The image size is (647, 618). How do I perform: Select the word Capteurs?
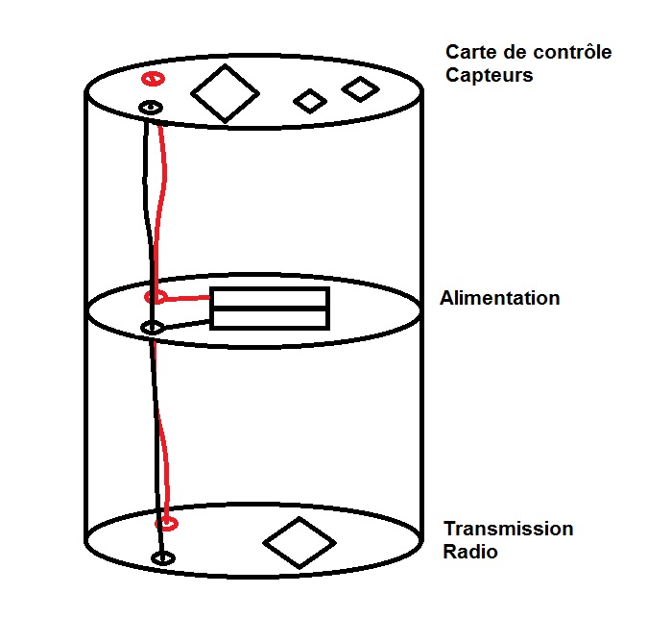(x=489, y=74)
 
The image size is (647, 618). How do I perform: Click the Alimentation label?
(x=499, y=298)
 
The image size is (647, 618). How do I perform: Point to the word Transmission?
(x=508, y=530)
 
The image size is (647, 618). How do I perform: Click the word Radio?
(x=470, y=553)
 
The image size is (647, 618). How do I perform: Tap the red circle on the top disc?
(x=152, y=79)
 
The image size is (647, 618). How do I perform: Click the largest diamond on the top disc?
(x=225, y=93)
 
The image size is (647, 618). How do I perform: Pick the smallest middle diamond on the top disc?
(x=309, y=100)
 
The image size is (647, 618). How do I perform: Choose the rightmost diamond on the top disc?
(x=361, y=89)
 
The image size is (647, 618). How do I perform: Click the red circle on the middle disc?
(x=155, y=297)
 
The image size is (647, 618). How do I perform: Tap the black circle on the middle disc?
(x=152, y=329)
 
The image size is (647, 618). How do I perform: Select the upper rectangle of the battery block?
(x=270, y=298)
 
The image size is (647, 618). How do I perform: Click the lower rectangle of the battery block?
(x=270, y=318)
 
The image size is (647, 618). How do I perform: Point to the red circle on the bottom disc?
(x=168, y=524)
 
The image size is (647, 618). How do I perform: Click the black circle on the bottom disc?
(x=164, y=557)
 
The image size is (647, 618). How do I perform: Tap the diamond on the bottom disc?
(x=299, y=542)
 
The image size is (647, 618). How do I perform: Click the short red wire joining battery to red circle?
(x=187, y=298)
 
